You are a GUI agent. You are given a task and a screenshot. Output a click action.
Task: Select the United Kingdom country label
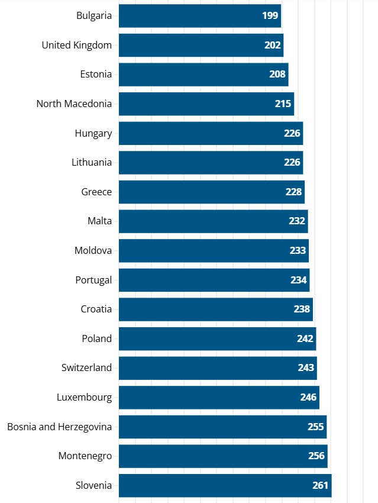76,45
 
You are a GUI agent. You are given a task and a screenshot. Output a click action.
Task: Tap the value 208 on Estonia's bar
277,75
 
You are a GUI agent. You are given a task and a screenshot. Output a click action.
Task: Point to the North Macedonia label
74,104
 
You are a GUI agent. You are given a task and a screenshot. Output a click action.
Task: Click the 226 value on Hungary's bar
292,133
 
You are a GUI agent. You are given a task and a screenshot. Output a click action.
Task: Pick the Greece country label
96,192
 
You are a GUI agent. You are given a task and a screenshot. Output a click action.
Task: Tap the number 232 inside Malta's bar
297,221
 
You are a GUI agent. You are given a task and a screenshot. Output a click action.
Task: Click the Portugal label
93,280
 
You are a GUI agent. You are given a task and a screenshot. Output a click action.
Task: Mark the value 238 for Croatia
302,309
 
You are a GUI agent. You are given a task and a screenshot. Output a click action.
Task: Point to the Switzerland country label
86,367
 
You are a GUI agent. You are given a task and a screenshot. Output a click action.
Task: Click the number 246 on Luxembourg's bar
308,397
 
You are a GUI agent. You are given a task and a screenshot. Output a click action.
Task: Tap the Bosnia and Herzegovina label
59,427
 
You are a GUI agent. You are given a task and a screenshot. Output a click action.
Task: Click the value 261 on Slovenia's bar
320,485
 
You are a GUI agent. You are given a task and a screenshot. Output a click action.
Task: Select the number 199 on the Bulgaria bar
270,15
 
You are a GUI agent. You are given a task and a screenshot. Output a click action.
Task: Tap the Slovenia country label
93,485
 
